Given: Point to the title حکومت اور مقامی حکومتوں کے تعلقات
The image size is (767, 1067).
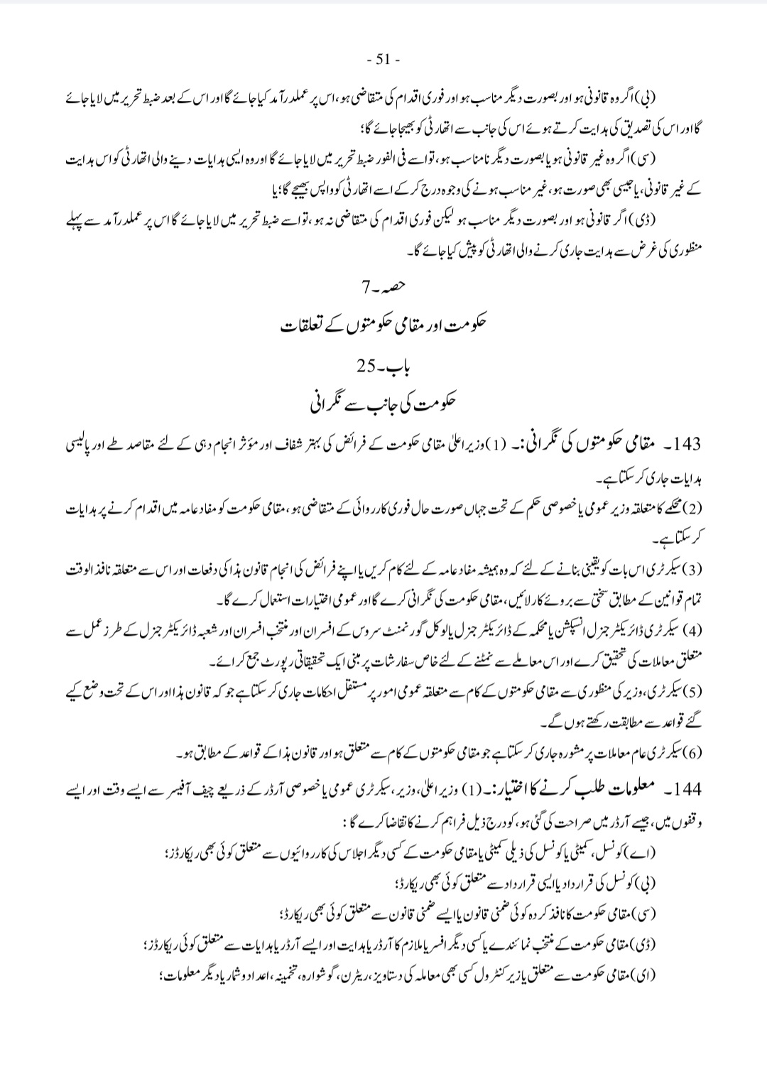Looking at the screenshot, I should click(384, 326).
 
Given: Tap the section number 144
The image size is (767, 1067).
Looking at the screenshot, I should click(685, 790).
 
